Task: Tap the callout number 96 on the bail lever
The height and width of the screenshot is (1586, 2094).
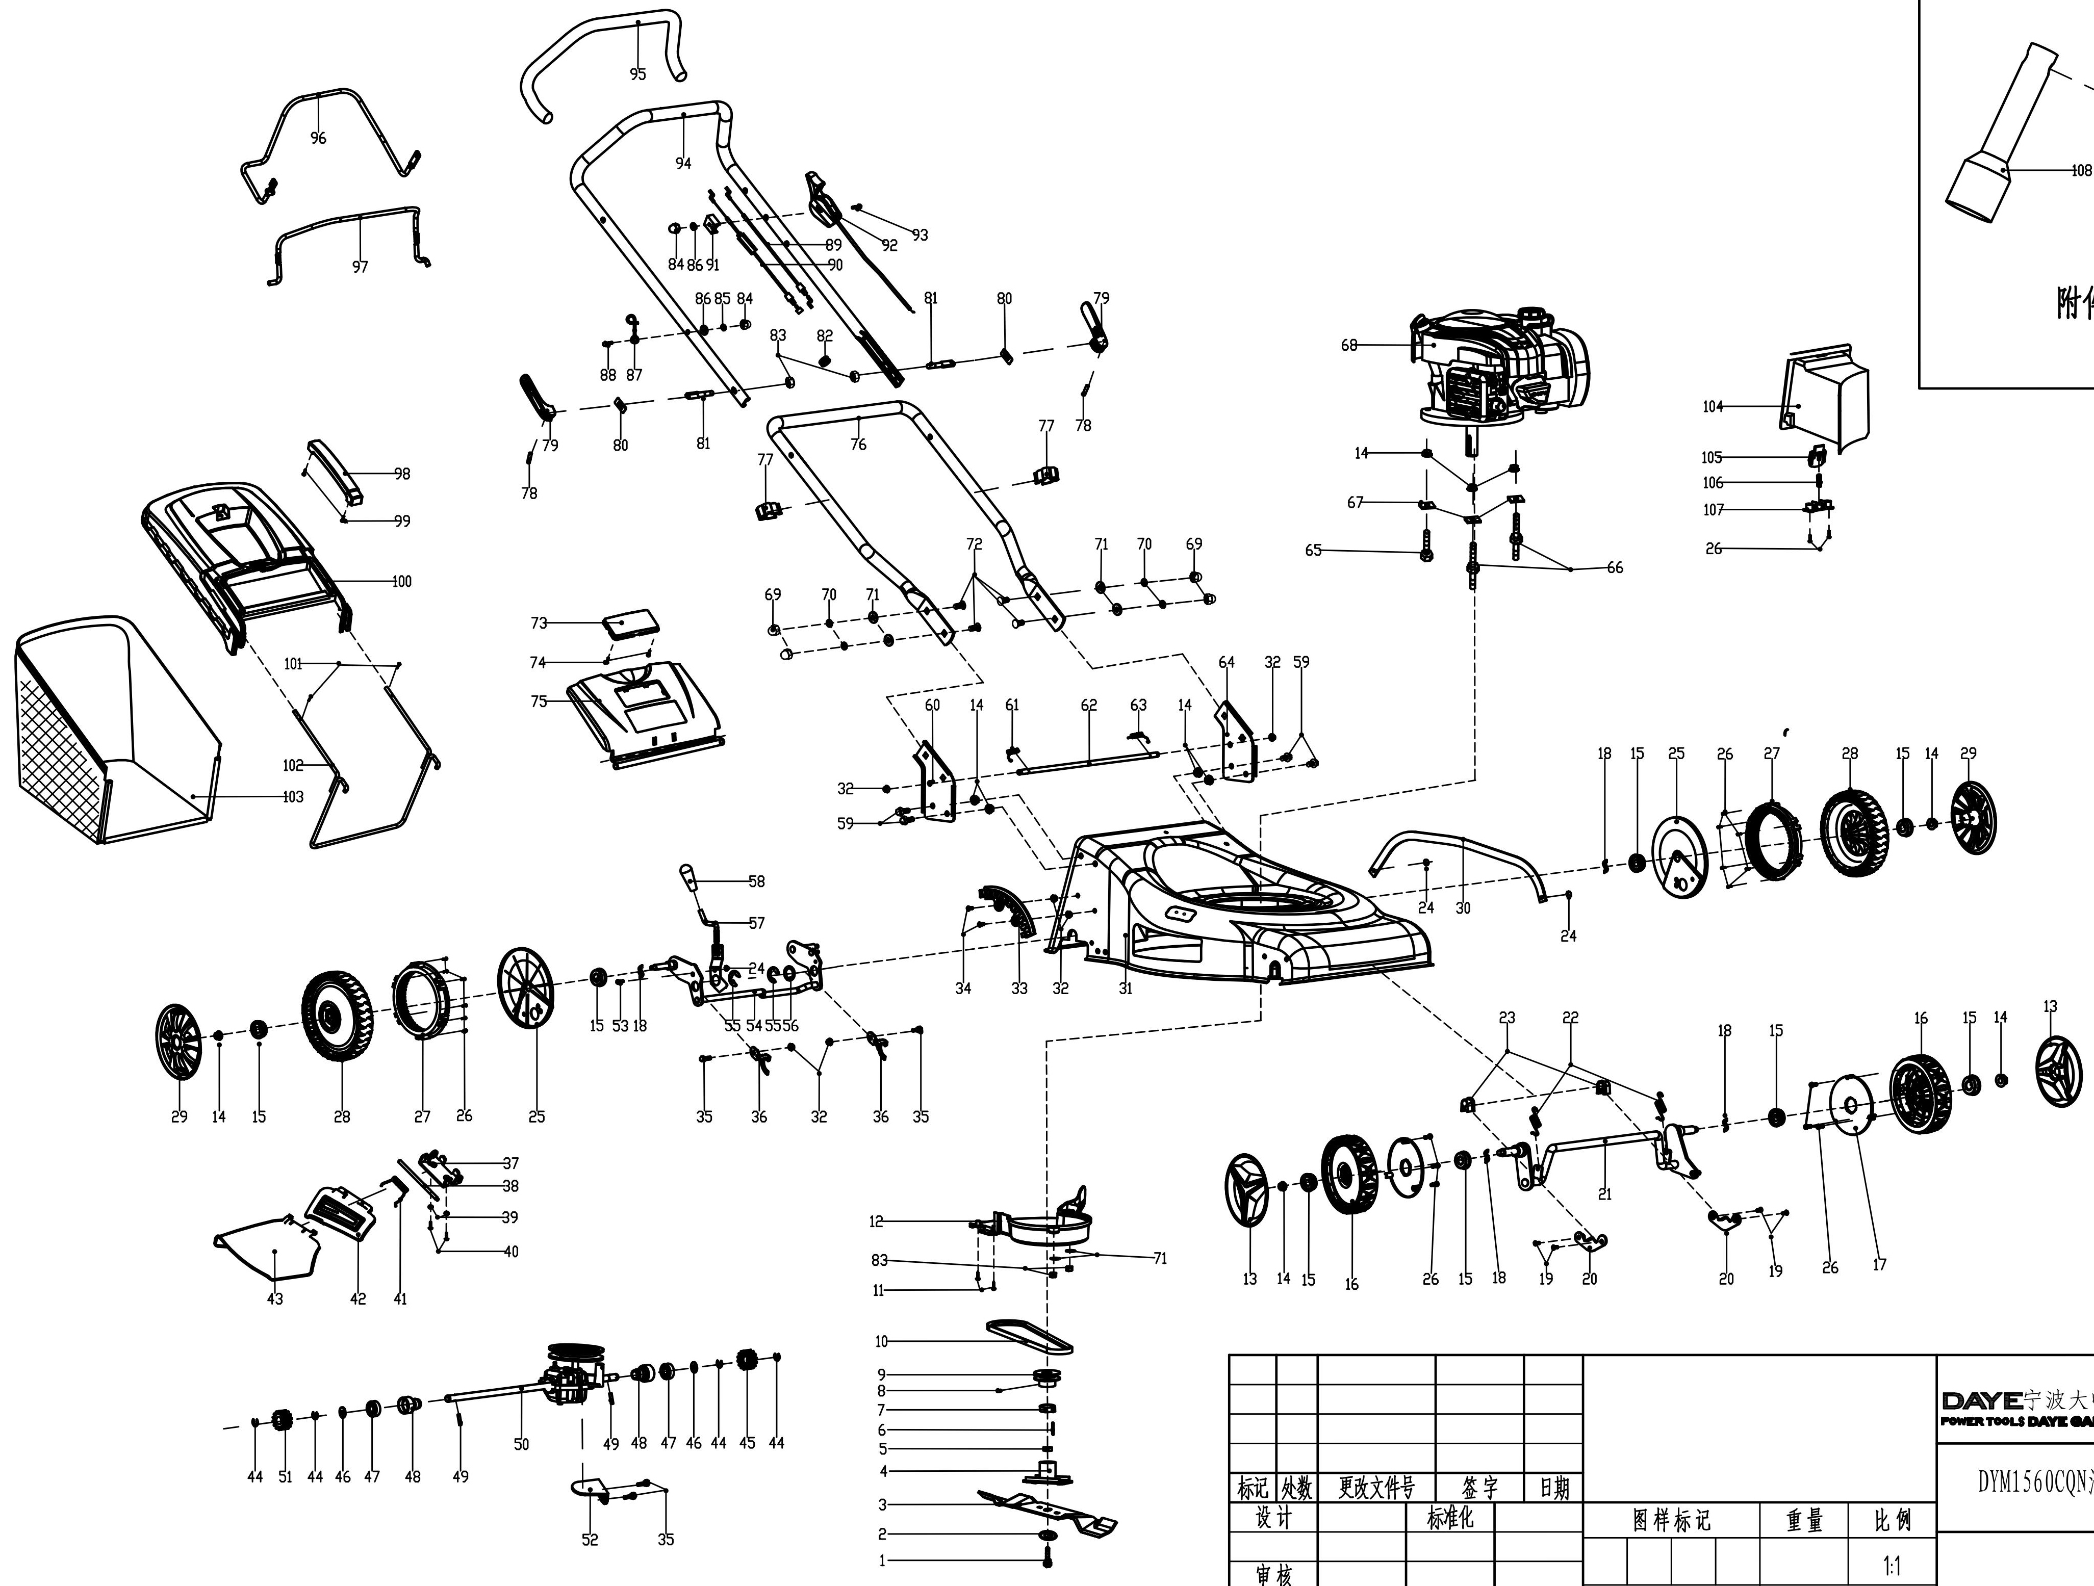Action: [x=318, y=138]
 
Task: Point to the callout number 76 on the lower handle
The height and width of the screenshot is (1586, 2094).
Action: [x=858, y=444]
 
